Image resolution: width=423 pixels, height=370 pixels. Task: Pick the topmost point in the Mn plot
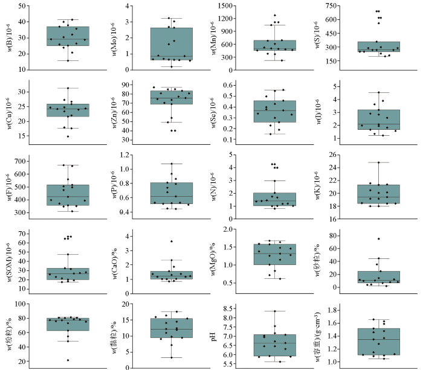pos(274,15)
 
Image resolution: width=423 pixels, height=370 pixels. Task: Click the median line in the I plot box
pos(378,124)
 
